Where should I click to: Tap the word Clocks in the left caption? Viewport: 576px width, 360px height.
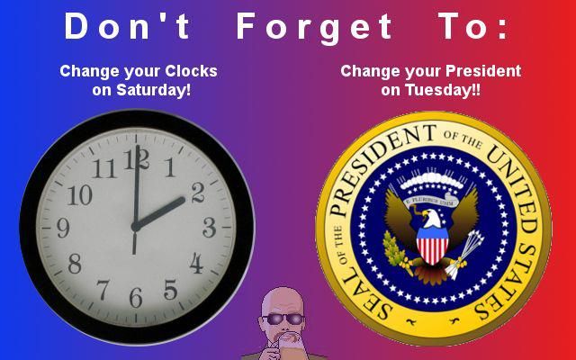click(x=191, y=71)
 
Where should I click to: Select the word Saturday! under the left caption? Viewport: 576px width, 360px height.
click(x=154, y=90)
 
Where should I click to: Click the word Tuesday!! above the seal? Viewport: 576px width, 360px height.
click(x=442, y=90)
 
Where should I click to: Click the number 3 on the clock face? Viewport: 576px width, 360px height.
click(x=210, y=227)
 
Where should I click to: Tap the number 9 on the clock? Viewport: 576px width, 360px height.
click(x=63, y=228)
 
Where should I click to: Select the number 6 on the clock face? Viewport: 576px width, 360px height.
click(x=136, y=297)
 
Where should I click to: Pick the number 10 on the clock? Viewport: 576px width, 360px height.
click(x=80, y=194)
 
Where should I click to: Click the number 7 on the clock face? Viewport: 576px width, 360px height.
click(x=103, y=290)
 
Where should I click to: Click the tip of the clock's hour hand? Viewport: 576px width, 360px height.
click(x=183, y=200)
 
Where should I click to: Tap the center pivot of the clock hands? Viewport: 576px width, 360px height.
click(x=135, y=227)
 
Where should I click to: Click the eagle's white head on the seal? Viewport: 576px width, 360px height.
click(x=431, y=218)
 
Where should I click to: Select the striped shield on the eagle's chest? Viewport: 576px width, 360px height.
click(x=432, y=246)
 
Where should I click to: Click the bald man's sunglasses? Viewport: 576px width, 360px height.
click(x=283, y=319)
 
